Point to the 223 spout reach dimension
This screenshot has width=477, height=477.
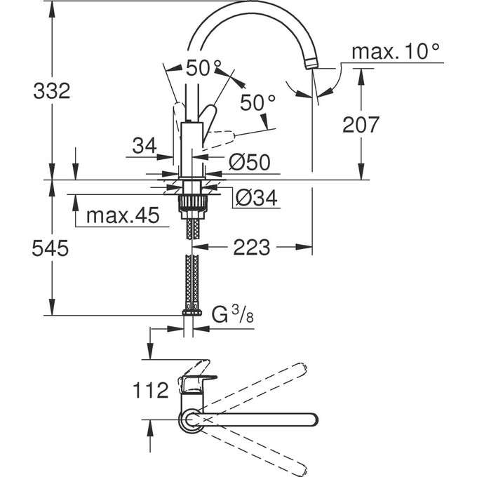click(x=252, y=247)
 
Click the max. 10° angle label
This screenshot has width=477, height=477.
click(x=396, y=51)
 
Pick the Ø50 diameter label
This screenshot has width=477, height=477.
click(x=249, y=163)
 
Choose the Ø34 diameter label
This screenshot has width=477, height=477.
click(x=257, y=199)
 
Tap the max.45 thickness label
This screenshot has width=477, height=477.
click(x=123, y=215)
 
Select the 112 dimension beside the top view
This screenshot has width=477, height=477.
click(x=149, y=389)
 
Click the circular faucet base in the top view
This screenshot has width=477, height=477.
click(x=191, y=419)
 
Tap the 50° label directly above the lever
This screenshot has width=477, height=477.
click(x=203, y=69)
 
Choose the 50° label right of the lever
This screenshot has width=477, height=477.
click(x=257, y=102)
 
